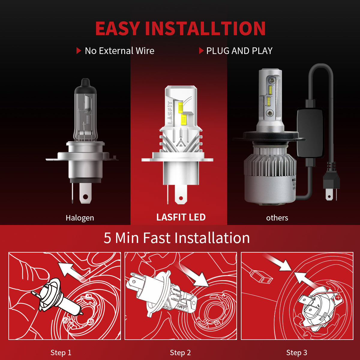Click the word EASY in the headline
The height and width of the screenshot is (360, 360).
(x=117, y=29)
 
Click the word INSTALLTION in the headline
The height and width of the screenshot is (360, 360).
(x=205, y=29)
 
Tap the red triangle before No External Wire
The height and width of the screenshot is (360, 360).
(x=79, y=51)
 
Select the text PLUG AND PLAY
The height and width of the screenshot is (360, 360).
(x=239, y=51)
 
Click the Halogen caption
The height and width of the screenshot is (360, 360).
(x=80, y=218)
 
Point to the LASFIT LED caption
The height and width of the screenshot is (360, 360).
(x=181, y=217)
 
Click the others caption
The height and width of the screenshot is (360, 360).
(x=277, y=218)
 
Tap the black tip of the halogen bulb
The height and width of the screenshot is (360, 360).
(x=85, y=83)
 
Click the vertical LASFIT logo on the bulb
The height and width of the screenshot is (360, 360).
(x=170, y=113)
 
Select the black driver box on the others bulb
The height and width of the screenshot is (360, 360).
(x=310, y=132)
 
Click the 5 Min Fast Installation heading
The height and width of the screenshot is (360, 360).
(x=177, y=238)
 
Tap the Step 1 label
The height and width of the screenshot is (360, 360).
(x=61, y=352)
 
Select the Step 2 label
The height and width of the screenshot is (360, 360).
(x=180, y=352)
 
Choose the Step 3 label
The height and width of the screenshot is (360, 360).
(x=297, y=352)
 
